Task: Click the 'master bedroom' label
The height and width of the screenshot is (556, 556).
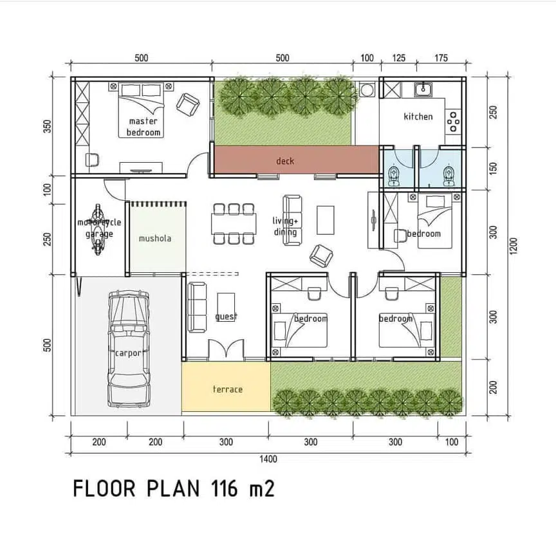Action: pos(144,127)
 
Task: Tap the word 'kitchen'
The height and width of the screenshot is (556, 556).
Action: pos(418,116)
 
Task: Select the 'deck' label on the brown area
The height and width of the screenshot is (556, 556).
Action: pos(285,161)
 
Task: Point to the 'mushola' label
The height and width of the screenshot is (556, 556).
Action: pos(155,238)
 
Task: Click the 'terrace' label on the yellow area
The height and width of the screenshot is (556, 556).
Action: pos(228,389)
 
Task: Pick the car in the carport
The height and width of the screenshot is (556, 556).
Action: pos(129,348)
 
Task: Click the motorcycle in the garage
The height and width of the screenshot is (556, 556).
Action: pos(98,229)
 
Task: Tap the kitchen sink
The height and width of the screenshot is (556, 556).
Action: pos(423,89)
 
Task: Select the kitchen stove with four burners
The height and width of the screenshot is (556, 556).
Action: pos(453,121)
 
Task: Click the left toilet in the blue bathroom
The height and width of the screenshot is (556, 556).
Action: pos(393,175)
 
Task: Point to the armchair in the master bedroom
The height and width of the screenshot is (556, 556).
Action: pos(187,104)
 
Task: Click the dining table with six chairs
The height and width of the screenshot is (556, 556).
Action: pos(234,224)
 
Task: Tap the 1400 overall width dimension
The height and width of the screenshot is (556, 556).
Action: pos(268,459)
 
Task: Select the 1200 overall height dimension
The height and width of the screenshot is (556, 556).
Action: pos(514,246)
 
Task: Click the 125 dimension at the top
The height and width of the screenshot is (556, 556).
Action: pos(398,58)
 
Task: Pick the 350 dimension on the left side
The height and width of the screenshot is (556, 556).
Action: pos(47,126)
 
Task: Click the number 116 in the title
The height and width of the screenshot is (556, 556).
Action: pos(224,488)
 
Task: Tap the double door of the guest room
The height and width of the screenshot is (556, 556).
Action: pos(226,349)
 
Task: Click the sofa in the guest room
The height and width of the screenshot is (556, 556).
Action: pos(197,307)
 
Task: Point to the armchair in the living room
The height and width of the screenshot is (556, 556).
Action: pos(321,255)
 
